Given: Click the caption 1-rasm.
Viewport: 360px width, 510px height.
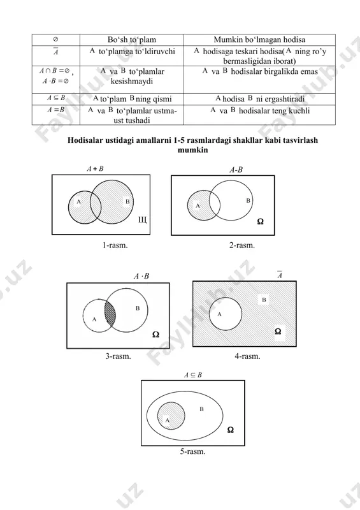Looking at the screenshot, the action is (x=115, y=245).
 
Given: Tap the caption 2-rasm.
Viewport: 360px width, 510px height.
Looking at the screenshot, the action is (x=242, y=245).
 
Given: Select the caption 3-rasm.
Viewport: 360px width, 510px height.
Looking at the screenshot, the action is (x=118, y=356).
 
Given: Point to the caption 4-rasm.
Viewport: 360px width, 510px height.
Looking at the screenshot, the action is (x=247, y=356).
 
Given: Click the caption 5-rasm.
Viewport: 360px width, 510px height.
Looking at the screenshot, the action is (x=193, y=451).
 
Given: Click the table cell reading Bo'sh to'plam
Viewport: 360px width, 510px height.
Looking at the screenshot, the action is (x=132, y=40).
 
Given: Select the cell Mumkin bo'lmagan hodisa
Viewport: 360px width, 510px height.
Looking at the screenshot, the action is (x=259, y=40).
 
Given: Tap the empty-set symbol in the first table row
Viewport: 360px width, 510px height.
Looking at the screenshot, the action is (x=55, y=40).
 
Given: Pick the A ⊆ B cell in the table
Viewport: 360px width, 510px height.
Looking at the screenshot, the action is (x=56, y=98).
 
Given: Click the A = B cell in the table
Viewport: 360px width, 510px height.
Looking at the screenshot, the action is (x=56, y=110).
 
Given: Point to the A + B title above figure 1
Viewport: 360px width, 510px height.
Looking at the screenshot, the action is (x=95, y=169).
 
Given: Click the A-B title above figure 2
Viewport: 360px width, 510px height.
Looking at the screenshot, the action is (x=236, y=170).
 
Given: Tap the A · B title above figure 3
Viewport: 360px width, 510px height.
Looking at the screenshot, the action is (x=141, y=276).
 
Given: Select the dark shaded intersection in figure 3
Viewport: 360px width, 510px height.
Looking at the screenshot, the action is (x=110, y=314).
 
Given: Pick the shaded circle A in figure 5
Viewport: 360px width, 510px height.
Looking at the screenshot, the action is (x=171, y=416).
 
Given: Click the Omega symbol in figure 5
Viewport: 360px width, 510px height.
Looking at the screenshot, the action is (x=230, y=430).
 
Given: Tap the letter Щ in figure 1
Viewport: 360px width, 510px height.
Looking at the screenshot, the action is (x=143, y=220).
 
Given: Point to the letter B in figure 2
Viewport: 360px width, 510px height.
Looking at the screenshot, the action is (x=248, y=201).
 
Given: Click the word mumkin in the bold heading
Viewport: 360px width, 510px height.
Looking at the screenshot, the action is (x=193, y=150).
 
